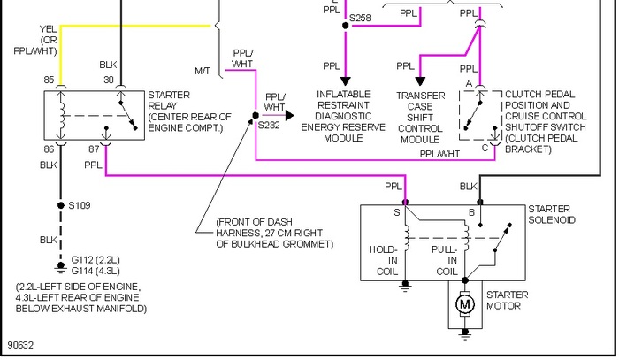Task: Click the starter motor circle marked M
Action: pyautogui.click(x=465, y=304)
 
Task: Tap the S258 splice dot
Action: pyautogui.click(x=346, y=26)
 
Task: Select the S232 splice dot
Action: pyautogui.click(x=256, y=115)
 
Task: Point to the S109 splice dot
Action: pyautogui.click(x=60, y=205)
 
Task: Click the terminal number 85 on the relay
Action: pyautogui.click(x=49, y=80)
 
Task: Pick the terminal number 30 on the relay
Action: pyautogui.click(x=109, y=80)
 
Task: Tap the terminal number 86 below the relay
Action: pyautogui.click(x=49, y=149)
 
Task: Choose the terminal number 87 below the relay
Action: pyautogui.click(x=94, y=149)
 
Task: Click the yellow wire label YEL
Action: pyautogui.click(x=48, y=29)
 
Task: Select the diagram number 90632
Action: pyautogui.click(x=20, y=345)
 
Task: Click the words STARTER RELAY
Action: pyautogui.click(x=169, y=100)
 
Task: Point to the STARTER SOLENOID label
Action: pyautogui.click(x=552, y=214)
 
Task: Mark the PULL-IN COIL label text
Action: pyautogui.click(x=446, y=261)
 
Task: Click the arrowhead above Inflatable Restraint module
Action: pyautogui.click(x=346, y=81)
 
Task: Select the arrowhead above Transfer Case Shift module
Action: pyautogui.click(x=420, y=81)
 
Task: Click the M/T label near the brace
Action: pyautogui.click(x=203, y=71)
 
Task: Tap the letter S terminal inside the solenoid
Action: pyautogui.click(x=397, y=213)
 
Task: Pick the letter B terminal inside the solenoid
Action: pyautogui.click(x=471, y=213)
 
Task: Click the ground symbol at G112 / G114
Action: pyautogui.click(x=60, y=268)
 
